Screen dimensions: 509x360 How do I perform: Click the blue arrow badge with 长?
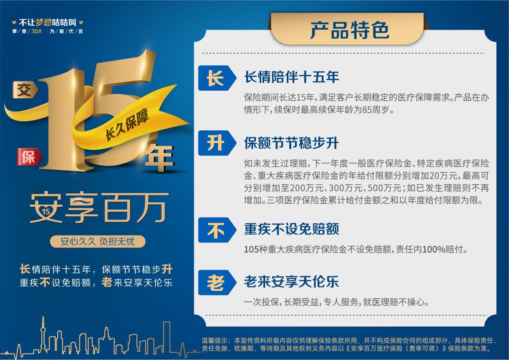coord(217,78)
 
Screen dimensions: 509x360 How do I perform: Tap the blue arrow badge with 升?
coord(217,143)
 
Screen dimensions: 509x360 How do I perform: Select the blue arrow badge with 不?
coord(217,230)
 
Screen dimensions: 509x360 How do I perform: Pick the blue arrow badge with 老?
coord(217,283)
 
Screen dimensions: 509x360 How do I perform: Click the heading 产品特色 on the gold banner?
coord(349,30)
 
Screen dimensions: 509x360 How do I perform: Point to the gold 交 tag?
coord(25,90)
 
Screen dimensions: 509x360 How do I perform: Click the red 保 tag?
coord(30,157)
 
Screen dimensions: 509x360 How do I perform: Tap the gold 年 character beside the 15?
coord(160,158)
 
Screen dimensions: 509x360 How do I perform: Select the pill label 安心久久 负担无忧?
coord(97,241)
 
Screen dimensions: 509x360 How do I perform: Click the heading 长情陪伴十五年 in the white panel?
coord(292,77)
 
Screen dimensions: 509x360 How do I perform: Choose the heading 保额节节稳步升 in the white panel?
coord(292,143)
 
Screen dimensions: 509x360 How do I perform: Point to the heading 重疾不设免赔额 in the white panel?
coord(292,229)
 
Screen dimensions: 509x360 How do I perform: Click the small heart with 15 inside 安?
coord(46,212)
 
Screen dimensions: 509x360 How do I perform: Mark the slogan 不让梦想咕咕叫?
coord(47,22)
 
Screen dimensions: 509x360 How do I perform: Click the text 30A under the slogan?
coord(37,31)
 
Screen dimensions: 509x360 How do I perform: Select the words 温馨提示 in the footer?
coord(215,340)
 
